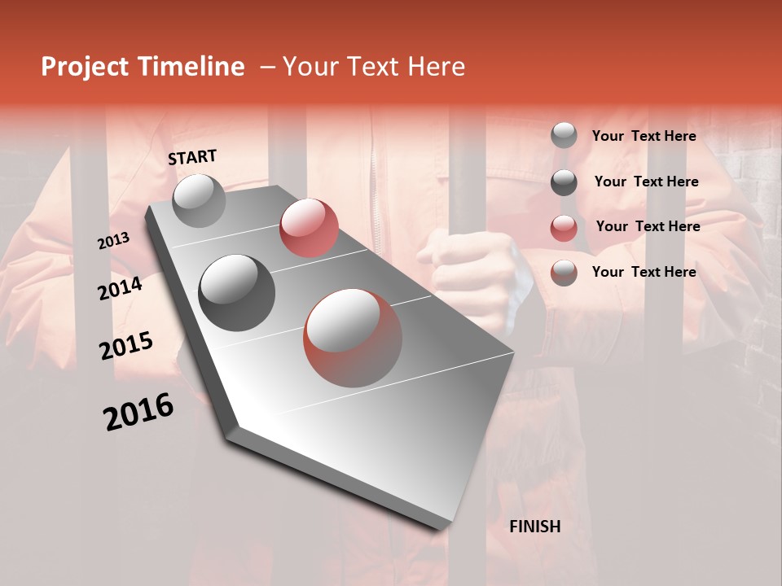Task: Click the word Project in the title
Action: (84, 67)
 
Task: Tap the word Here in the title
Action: (436, 67)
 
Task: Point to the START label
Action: (192, 157)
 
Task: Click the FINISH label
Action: (535, 527)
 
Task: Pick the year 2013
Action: (114, 240)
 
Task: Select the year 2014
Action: (121, 288)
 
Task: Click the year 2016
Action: (138, 411)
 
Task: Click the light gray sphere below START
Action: (199, 200)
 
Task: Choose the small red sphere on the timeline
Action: (309, 227)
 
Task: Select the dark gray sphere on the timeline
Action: (237, 293)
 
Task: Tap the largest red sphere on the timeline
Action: (353, 338)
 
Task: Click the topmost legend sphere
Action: (564, 135)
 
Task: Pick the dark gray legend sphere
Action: (564, 182)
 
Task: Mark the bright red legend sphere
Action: (564, 228)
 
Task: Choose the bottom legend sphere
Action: (564, 273)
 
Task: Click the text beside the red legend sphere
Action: (648, 226)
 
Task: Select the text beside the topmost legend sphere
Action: (644, 136)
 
